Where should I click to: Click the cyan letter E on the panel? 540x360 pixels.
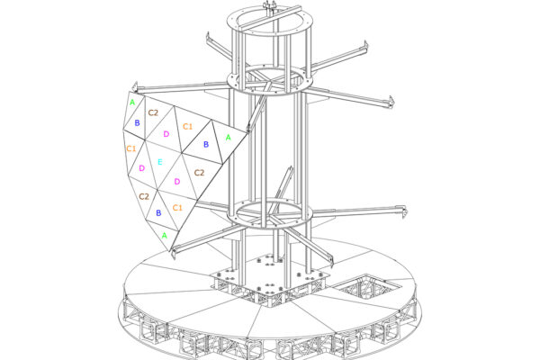[x=160, y=162]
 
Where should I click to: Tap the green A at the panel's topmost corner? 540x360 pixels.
[x=132, y=103]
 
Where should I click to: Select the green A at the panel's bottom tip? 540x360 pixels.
[x=165, y=235]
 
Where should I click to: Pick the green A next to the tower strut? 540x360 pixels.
[x=228, y=138]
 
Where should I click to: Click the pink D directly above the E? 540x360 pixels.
[x=166, y=134]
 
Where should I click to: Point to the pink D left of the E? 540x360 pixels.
[x=142, y=168]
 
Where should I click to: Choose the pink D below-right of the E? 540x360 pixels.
[x=177, y=182]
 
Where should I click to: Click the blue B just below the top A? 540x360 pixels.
[x=137, y=123]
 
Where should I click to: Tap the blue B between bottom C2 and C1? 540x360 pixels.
[x=158, y=213]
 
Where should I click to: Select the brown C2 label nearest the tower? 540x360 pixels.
[x=200, y=173]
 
